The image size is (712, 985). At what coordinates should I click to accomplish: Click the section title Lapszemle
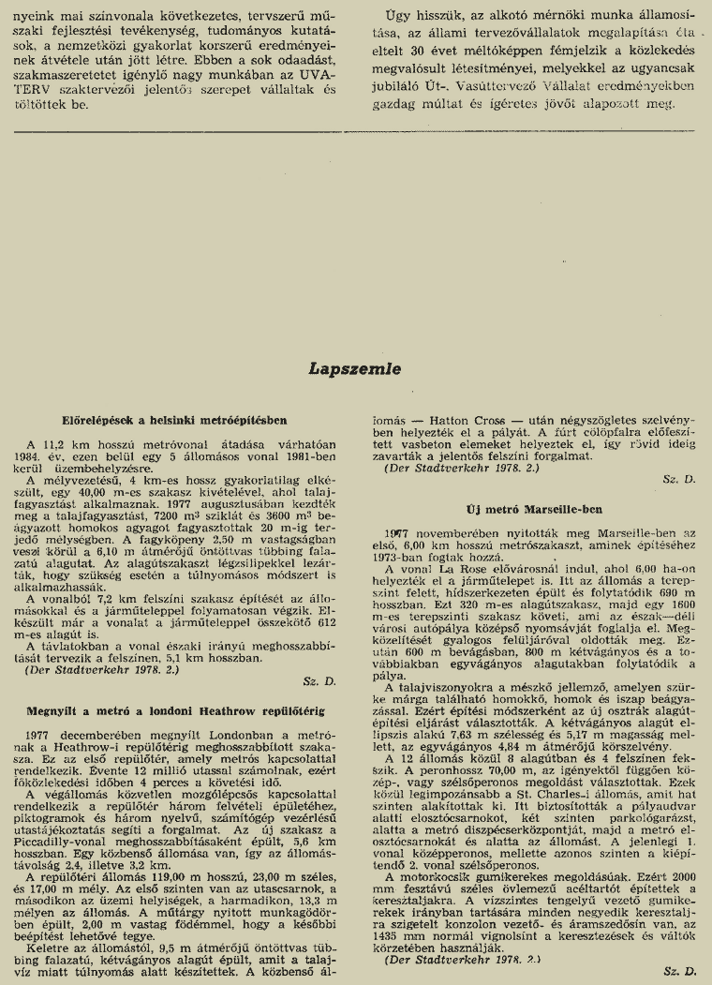pos(355,369)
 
